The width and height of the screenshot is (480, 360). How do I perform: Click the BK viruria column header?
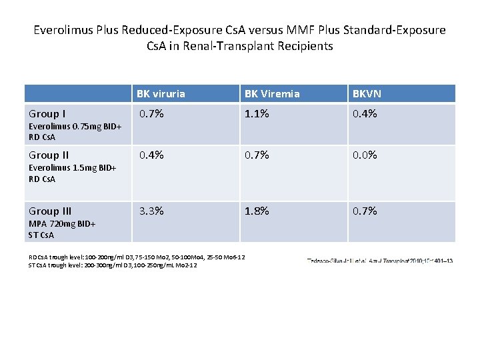(160, 94)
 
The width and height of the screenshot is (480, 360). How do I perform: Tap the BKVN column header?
(367, 94)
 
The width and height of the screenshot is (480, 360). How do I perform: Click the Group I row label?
(47, 113)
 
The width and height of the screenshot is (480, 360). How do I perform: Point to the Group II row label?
(49, 155)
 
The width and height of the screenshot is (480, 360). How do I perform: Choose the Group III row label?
(51, 211)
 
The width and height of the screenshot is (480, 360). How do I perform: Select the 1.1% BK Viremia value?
(257, 114)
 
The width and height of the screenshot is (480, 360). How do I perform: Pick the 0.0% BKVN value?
(365, 155)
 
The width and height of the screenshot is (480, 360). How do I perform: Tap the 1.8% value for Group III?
(257, 211)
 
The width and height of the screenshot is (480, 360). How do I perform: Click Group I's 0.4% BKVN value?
(365, 114)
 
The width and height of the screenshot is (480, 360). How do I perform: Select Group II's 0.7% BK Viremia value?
(257, 155)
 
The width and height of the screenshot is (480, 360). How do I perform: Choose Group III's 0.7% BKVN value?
(365, 211)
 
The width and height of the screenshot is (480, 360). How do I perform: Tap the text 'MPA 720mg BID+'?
(61, 224)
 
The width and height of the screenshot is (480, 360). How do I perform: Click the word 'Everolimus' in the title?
(61, 30)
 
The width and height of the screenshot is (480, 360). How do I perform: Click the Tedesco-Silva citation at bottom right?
(379, 261)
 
